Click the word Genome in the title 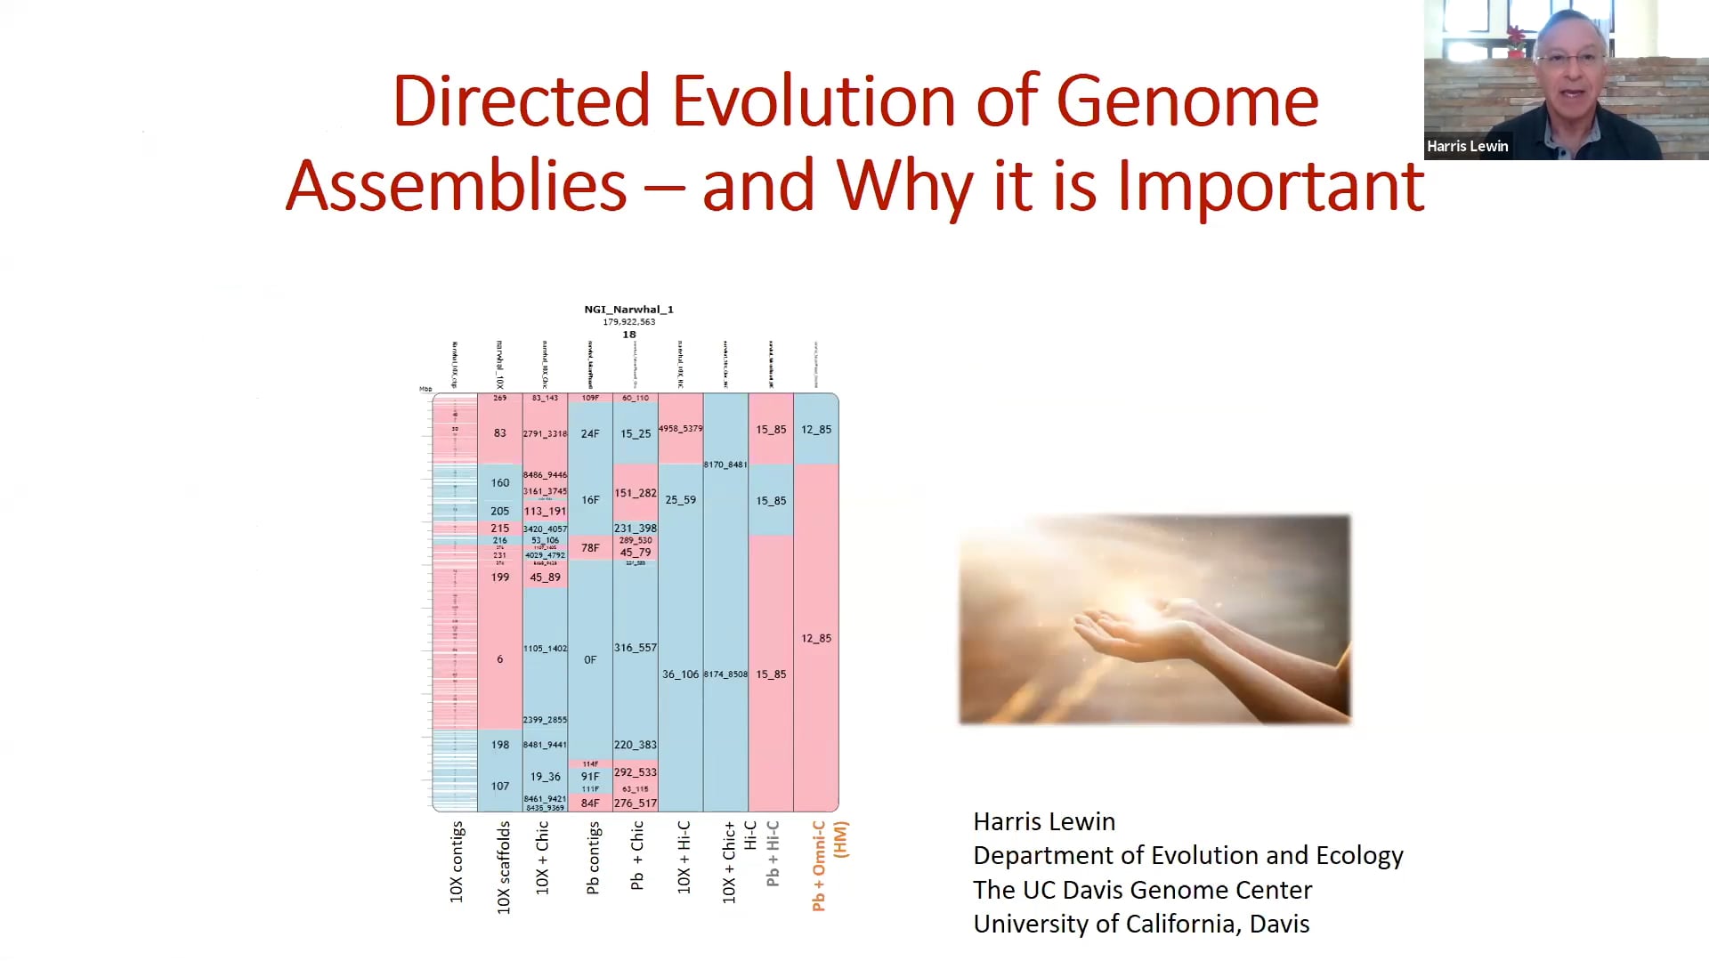tap(1187, 102)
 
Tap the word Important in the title tap(1270, 187)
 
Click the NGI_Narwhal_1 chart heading tap(628, 310)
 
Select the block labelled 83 tap(499, 433)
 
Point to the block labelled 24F tap(590, 434)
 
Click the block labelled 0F tap(590, 659)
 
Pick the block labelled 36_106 tap(680, 674)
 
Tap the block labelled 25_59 tap(680, 500)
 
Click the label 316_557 tap(635, 648)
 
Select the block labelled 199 tap(499, 577)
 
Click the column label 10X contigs tap(457, 862)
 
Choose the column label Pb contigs tap(593, 858)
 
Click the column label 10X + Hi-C tap(684, 858)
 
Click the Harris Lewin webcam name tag tap(1467, 147)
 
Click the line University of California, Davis tap(1140, 925)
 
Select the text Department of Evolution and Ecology tap(1187, 856)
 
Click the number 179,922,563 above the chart tap(628, 322)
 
